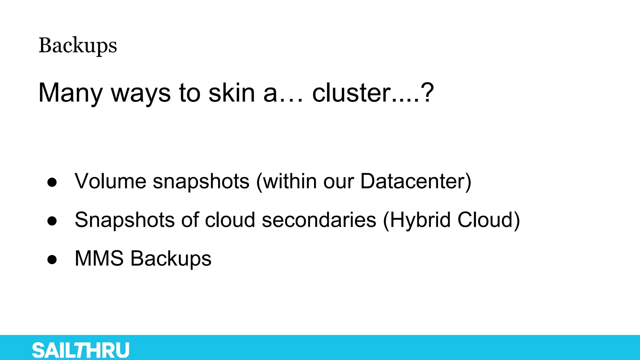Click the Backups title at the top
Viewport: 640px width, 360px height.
click(x=78, y=46)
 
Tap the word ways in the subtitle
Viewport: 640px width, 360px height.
click(x=141, y=93)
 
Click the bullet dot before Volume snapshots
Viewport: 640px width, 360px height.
click(x=52, y=182)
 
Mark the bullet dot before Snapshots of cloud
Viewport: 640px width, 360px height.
click(x=52, y=221)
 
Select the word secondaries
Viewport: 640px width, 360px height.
click(x=319, y=220)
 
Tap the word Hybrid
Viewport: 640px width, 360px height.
click(x=421, y=220)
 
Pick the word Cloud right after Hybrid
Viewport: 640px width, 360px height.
click(x=485, y=220)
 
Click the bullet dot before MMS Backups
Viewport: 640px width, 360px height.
click(x=52, y=259)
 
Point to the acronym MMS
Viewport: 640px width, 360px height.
click(x=99, y=259)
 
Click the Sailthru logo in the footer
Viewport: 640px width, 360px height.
click(x=81, y=350)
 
